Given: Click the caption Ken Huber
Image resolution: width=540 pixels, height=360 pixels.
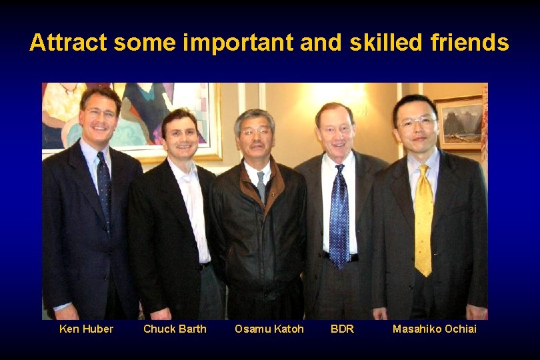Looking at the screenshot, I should [x=86, y=329].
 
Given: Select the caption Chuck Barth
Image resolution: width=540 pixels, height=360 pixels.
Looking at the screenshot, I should [x=175, y=329].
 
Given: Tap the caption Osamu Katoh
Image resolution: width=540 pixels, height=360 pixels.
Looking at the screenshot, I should [x=269, y=329].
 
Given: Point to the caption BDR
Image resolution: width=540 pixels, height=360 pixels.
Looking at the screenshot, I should [x=342, y=329].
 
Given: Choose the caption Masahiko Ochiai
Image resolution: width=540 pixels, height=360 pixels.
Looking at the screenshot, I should [x=434, y=329].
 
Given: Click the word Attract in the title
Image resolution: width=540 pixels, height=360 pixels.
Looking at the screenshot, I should [x=69, y=43].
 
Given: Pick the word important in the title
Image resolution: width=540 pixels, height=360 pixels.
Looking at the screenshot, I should [x=238, y=43].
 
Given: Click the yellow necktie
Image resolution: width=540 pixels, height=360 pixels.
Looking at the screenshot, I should [x=423, y=220].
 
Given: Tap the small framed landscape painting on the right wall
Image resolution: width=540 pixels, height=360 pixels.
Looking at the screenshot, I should [x=459, y=123].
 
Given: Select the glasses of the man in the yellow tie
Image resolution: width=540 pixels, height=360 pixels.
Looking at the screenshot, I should [x=417, y=122].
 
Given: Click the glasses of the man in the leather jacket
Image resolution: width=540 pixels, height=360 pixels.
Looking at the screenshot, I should [x=256, y=132].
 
